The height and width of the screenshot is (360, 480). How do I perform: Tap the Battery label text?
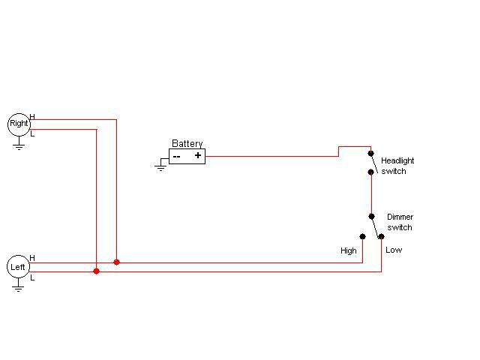[187, 143]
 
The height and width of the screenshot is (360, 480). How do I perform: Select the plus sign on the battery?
[198, 155]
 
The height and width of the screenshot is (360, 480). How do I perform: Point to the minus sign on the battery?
[177, 157]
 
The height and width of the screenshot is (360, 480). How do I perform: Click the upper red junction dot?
[117, 262]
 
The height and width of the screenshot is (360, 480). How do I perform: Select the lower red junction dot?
[97, 271]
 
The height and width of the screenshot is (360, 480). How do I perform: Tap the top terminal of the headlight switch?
[370, 153]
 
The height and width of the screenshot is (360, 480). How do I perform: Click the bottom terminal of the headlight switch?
[370, 172]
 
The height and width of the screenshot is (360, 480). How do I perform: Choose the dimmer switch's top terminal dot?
[372, 217]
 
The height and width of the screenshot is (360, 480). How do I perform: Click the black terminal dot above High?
[363, 236]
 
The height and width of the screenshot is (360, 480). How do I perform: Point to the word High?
[349, 251]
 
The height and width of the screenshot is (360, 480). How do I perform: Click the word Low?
[394, 250]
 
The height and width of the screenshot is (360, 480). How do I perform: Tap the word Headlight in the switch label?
[397, 161]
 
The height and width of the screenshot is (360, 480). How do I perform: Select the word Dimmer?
[400, 217]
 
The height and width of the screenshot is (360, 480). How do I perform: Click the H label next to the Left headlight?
[32, 258]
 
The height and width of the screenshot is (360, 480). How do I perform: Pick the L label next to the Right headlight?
[32, 134]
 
